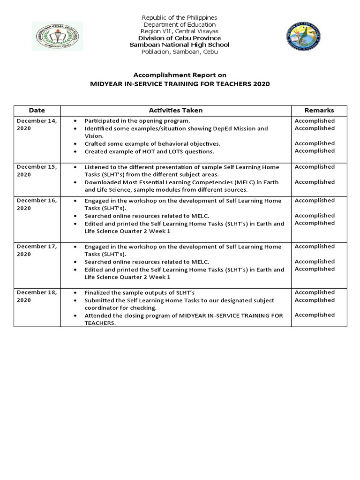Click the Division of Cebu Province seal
point(304,36)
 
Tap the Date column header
point(37,111)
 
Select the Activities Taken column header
point(176,111)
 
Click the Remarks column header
point(319,111)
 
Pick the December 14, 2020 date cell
point(37,124)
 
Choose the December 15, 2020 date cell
point(37,170)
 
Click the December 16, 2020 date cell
point(37,204)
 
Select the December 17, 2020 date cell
point(37,250)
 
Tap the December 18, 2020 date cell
point(37,296)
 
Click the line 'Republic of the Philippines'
point(180,17)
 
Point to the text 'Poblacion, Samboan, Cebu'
point(180,52)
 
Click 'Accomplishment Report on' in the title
point(180,75)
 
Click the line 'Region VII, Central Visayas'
point(180,31)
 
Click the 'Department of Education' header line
point(180,24)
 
